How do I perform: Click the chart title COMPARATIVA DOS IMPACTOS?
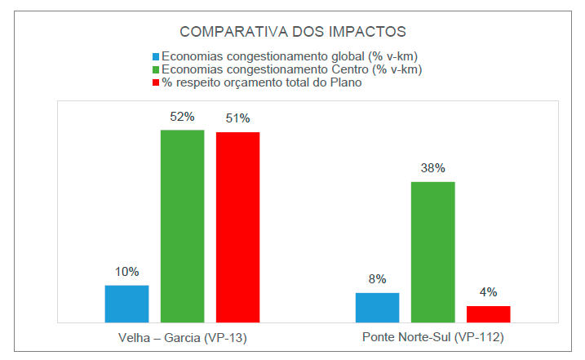(293, 32)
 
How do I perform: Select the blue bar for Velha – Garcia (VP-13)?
(126, 304)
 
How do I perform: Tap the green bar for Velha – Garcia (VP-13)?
(182, 226)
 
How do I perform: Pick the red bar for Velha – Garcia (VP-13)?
(237, 227)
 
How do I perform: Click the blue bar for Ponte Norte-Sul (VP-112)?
(377, 307)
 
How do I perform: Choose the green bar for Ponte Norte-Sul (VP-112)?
(432, 251)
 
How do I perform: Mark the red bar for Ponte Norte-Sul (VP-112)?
(488, 314)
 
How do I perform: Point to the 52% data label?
(182, 117)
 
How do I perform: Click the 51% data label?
(237, 119)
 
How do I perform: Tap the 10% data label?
(126, 272)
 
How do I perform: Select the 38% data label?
(432, 168)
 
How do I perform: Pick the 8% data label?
(377, 279)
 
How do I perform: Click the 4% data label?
(488, 292)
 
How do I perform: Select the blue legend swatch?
(155, 57)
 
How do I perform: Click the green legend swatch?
(155, 70)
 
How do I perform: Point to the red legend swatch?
(155, 83)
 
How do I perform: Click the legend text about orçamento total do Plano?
(261, 83)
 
